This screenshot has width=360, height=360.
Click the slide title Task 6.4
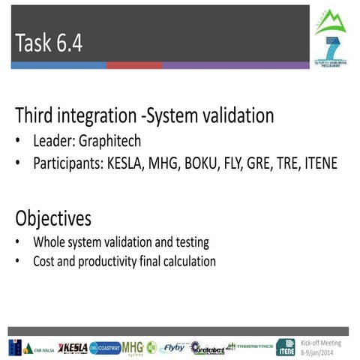click(x=48, y=43)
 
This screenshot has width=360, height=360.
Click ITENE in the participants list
click(x=320, y=162)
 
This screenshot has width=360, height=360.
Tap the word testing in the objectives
click(x=189, y=242)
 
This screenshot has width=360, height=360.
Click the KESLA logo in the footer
click(x=73, y=347)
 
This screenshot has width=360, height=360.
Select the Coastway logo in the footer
click(x=104, y=347)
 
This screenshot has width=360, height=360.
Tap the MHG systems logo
click(x=133, y=347)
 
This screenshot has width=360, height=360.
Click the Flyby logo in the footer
click(x=173, y=347)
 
